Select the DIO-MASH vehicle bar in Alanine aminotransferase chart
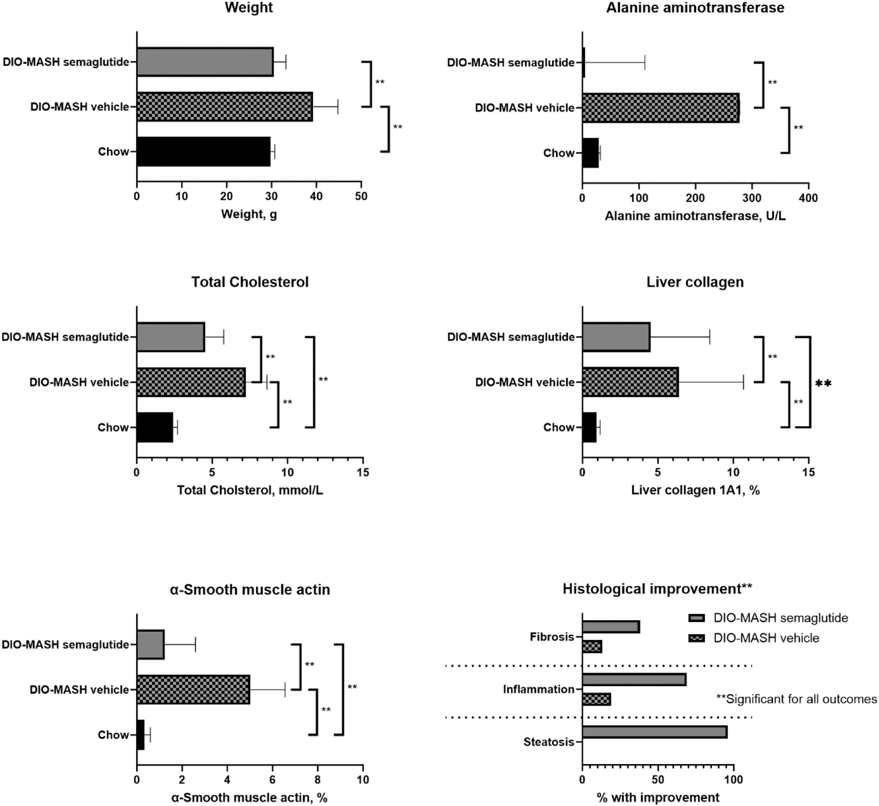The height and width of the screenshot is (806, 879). coord(661,108)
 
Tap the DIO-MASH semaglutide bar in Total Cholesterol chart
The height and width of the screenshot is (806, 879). coord(171,337)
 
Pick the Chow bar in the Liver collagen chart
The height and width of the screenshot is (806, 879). coord(589,428)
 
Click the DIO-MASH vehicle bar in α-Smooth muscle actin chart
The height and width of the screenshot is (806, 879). coord(193,689)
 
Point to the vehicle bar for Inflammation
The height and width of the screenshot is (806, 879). coord(596,699)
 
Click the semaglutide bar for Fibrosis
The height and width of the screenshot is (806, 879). coord(611,627)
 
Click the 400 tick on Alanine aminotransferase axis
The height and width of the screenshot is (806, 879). coord(808,198)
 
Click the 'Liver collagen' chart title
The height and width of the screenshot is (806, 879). coord(695,282)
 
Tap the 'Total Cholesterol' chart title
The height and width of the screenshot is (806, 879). coord(250,282)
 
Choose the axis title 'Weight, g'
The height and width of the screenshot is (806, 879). coord(249,214)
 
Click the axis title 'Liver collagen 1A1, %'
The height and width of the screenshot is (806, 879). coord(695,490)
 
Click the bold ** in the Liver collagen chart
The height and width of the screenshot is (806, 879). coord(823,383)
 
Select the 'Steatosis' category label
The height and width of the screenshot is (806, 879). coord(548,742)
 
